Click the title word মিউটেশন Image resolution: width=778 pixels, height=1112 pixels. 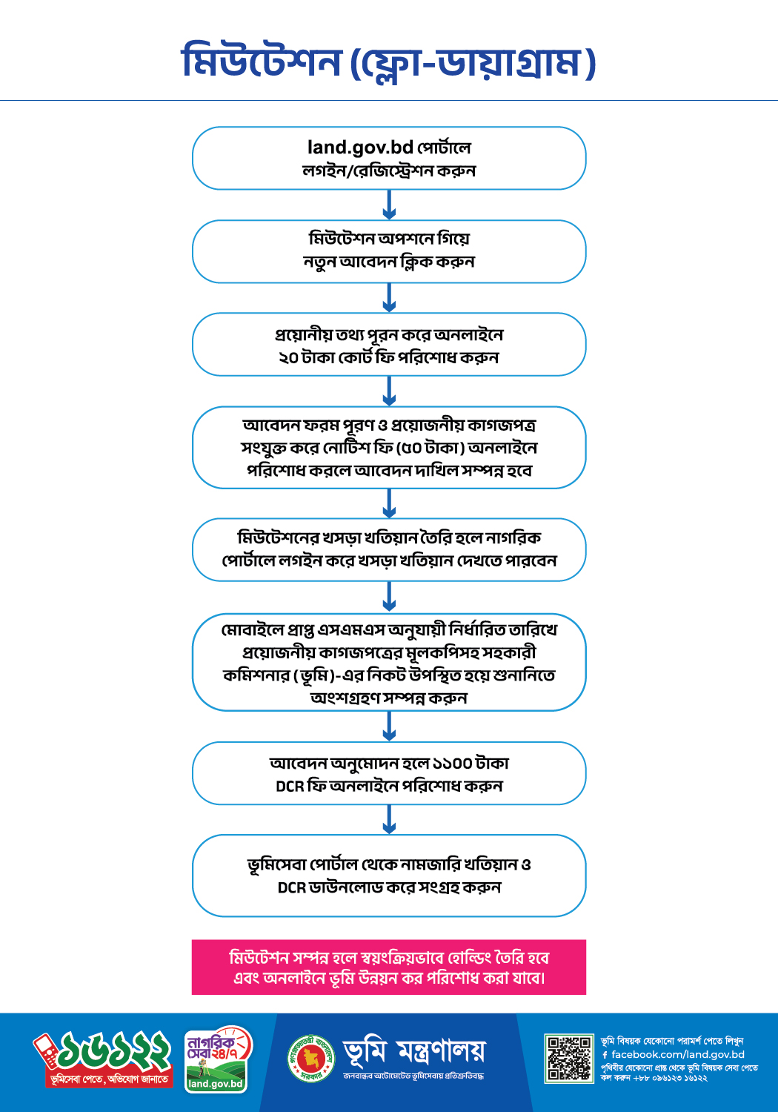(262, 62)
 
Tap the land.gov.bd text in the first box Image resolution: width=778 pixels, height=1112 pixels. (360, 148)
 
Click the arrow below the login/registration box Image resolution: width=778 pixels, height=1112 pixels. (389, 205)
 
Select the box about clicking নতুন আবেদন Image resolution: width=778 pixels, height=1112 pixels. (389, 252)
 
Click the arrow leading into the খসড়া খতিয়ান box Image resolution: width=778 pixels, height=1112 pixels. (389, 503)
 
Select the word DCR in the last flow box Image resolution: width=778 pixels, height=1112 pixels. (292, 887)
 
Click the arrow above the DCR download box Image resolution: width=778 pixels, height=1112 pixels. (389, 820)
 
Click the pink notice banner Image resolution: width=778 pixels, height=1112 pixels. (389, 967)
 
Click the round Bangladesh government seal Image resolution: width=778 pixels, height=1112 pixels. (311, 1059)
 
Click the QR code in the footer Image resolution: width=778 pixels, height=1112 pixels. (569, 1059)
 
